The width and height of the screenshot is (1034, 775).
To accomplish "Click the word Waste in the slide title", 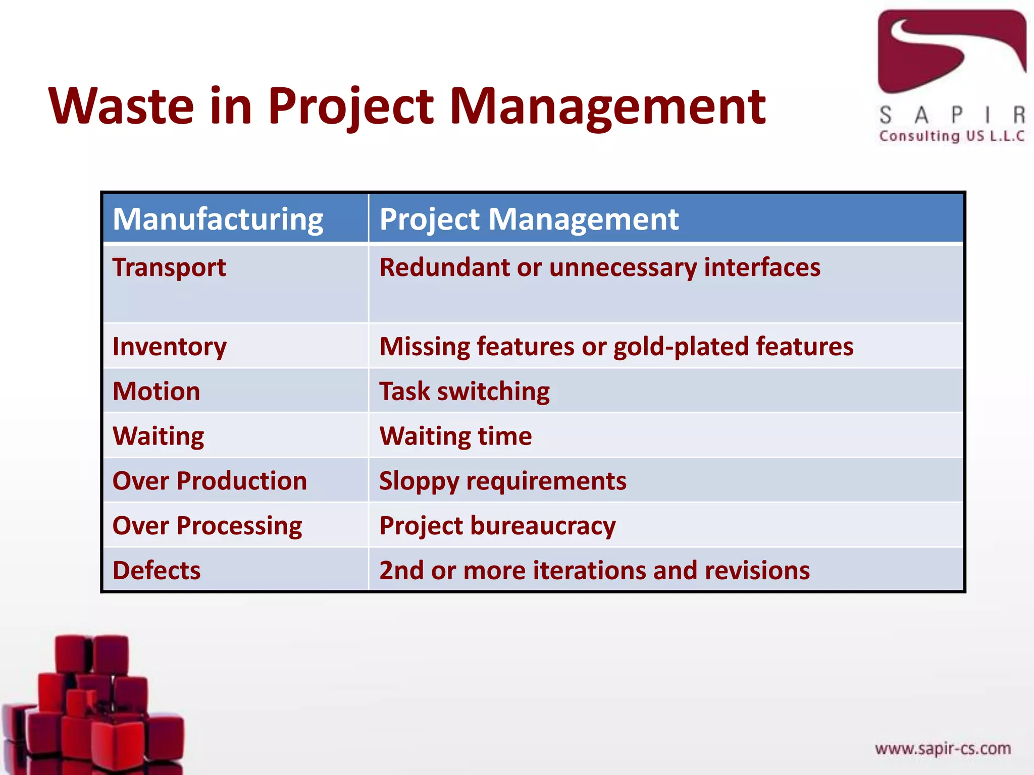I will pyautogui.click(x=121, y=106).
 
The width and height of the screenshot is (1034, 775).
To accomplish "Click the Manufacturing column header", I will pyautogui.click(x=218, y=219).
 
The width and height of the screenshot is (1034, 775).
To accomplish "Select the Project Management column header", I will pyautogui.click(x=529, y=219).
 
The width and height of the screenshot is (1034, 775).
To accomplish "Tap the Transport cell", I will pyautogui.click(x=169, y=267).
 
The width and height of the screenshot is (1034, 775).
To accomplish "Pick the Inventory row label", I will pyautogui.click(x=170, y=347).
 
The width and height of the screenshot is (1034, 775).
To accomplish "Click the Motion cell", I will pyautogui.click(x=157, y=392).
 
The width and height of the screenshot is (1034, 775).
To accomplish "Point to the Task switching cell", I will pyautogui.click(x=464, y=392).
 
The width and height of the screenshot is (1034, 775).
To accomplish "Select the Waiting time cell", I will pyautogui.click(x=455, y=436).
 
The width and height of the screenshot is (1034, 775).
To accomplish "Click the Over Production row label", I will pyautogui.click(x=210, y=481).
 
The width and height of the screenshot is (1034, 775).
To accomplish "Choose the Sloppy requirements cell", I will pyautogui.click(x=503, y=481).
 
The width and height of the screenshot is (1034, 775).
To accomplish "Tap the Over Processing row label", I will pyautogui.click(x=207, y=526).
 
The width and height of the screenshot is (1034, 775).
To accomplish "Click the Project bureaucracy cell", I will pyautogui.click(x=497, y=526).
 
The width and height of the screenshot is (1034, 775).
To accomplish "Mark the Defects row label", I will pyautogui.click(x=157, y=571).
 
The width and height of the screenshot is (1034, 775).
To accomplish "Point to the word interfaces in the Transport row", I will pyautogui.click(x=762, y=267).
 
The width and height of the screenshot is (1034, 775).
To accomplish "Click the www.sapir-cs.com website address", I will pyautogui.click(x=943, y=748).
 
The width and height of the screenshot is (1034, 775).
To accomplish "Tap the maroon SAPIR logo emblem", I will pyautogui.click(x=951, y=50).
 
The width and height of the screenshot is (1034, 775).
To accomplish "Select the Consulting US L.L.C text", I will pyautogui.click(x=952, y=136).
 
